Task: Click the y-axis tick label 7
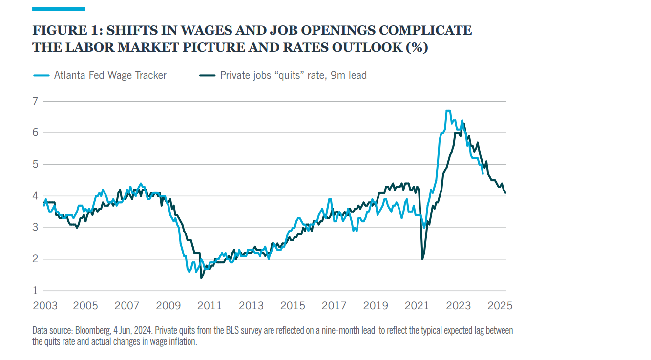[x=36, y=101]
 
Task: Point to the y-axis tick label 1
[x=36, y=291]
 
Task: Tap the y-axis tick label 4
[x=36, y=196]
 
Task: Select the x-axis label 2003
[x=44, y=306]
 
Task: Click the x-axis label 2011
[x=210, y=306]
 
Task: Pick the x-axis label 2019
[x=376, y=306]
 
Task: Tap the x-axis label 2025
[x=500, y=306]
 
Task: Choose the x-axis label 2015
[x=293, y=306]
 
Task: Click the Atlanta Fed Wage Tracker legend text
[x=110, y=75]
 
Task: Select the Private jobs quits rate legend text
[x=293, y=75]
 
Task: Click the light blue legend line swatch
[x=41, y=75]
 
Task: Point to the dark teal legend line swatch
[x=207, y=75]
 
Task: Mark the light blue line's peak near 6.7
[x=448, y=111]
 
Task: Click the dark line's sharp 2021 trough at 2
[x=422, y=259]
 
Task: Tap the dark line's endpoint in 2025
[x=505, y=193]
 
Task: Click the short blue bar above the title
[x=59, y=9]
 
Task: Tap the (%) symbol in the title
[x=418, y=48]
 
